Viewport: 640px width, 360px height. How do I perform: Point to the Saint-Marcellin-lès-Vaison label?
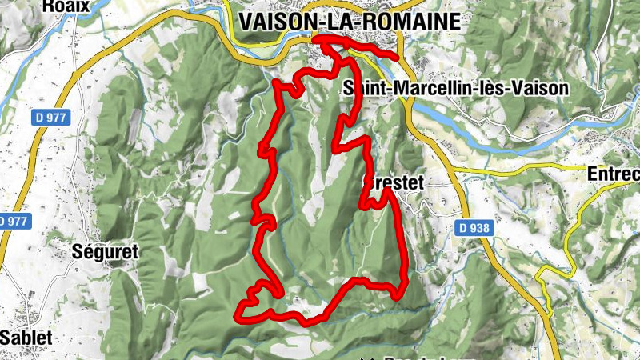click(454, 88)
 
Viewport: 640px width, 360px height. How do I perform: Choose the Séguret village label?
click(105, 252)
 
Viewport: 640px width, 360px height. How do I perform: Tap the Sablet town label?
click(26, 338)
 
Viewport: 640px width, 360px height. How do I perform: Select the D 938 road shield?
click(474, 228)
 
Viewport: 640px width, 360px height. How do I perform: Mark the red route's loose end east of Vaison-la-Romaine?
click(396, 56)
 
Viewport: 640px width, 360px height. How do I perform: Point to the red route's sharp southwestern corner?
click(238, 316)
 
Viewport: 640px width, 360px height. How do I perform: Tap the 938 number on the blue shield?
click(479, 228)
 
